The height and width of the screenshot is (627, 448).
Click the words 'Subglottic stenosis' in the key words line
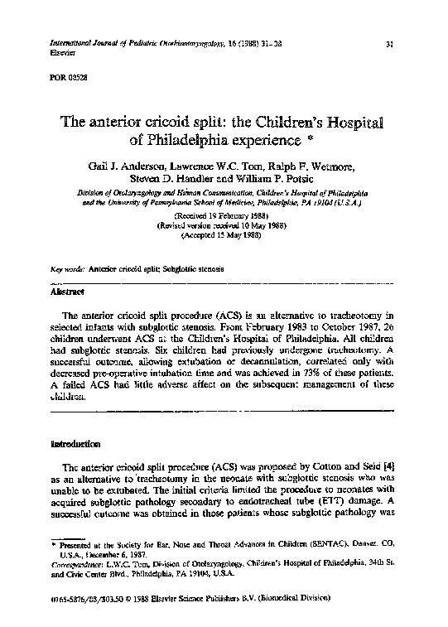[183, 270]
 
